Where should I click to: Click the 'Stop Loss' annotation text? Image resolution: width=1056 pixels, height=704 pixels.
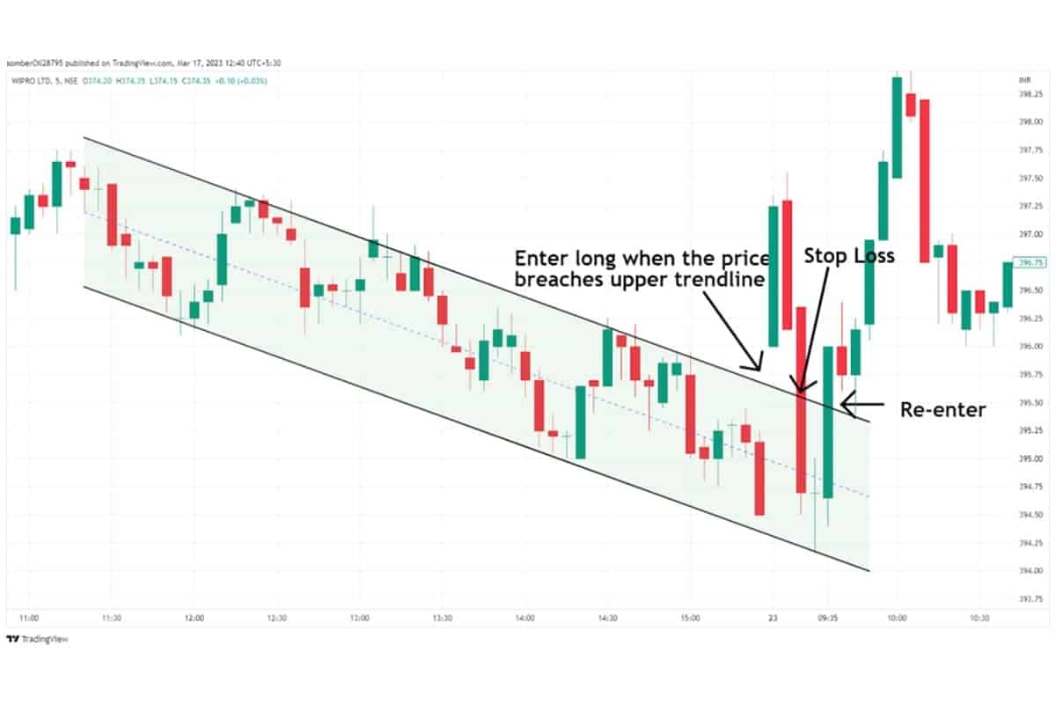[850, 256]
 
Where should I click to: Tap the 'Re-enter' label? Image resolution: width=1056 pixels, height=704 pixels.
[942, 409]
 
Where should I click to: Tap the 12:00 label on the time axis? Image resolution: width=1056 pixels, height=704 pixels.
[194, 618]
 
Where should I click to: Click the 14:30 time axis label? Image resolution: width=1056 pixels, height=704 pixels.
[607, 618]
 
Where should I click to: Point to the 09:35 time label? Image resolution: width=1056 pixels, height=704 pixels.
[828, 618]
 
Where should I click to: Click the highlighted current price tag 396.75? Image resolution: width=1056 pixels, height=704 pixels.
[1029, 262]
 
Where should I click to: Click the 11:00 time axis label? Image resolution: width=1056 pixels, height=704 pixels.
[30, 618]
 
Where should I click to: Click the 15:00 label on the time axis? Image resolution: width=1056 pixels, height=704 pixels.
[690, 618]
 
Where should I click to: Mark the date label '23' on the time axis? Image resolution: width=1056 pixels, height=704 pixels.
[774, 618]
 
